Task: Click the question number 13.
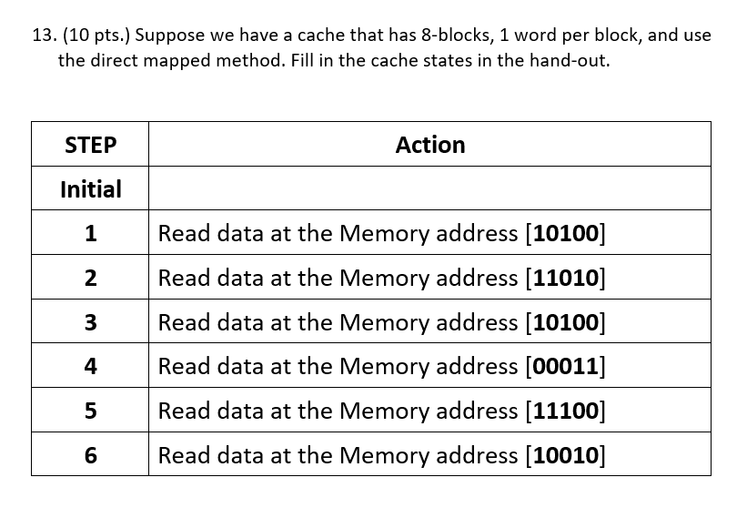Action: click(43, 36)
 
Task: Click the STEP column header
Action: click(90, 145)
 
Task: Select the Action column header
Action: click(429, 145)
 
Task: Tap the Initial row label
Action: click(90, 189)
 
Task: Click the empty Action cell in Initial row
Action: click(429, 189)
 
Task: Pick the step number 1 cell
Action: click(90, 234)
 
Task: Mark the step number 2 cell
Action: click(90, 279)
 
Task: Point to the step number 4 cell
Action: click(90, 367)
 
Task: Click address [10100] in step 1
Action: click(565, 234)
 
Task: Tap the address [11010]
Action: click(565, 279)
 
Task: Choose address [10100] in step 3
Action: click(565, 322)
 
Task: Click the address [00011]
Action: click(565, 367)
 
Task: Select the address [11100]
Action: click(565, 411)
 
